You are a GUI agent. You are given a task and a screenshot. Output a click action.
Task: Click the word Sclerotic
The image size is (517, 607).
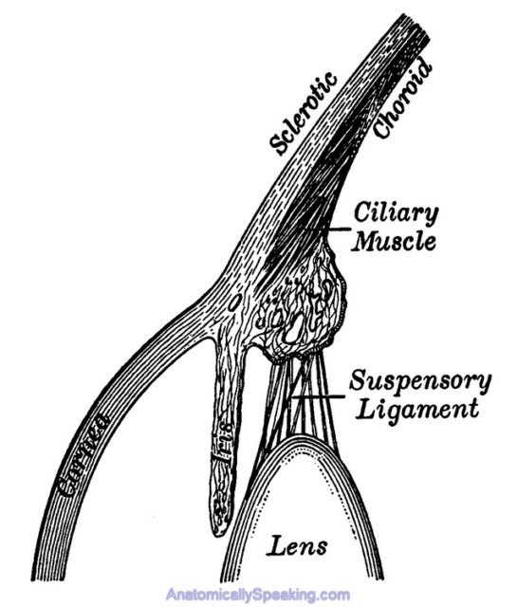pyautogui.click(x=304, y=114)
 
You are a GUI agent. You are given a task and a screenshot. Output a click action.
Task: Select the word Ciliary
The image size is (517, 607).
pyautogui.click(x=396, y=214)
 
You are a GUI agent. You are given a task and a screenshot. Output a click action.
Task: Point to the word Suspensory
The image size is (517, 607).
pyautogui.click(x=420, y=382)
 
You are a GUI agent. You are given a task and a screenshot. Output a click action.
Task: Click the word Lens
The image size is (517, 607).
pyautogui.click(x=297, y=546)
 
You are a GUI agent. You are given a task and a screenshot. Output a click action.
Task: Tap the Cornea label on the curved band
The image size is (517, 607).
pyautogui.click(x=83, y=455)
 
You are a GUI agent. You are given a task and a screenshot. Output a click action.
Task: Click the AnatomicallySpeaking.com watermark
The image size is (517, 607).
pyautogui.click(x=258, y=595)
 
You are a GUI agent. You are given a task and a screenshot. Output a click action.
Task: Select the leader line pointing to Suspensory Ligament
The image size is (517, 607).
pyautogui.click(x=318, y=396)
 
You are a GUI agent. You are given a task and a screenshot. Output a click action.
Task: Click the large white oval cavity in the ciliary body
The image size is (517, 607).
pyautogui.click(x=294, y=328)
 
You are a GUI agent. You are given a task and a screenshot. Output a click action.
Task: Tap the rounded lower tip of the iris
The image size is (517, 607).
pyautogui.click(x=219, y=531)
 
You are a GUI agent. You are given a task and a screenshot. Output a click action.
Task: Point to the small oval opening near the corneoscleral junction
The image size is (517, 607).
pyautogui.click(x=234, y=302)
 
